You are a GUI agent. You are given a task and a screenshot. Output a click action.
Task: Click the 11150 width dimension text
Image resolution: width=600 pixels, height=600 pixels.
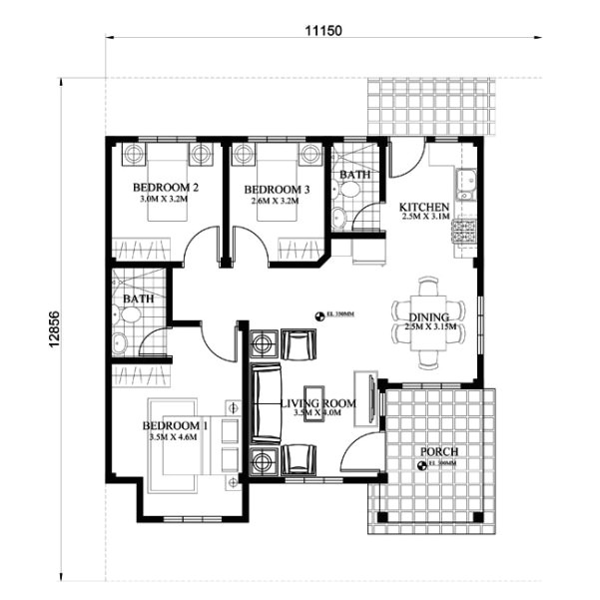click(323, 30)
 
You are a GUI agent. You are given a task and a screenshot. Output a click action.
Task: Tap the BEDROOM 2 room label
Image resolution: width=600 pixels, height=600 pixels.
click(166, 188)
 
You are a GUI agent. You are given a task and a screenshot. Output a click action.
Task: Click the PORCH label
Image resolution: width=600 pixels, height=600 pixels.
click(438, 451)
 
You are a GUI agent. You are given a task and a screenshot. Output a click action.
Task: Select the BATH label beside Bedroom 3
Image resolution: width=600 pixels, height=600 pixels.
click(354, 175)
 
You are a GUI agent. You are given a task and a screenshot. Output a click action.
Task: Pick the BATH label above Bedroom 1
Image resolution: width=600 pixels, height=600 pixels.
click(138, 298)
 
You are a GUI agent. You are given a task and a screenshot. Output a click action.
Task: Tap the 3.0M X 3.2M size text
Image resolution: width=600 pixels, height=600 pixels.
click(166, 199)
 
